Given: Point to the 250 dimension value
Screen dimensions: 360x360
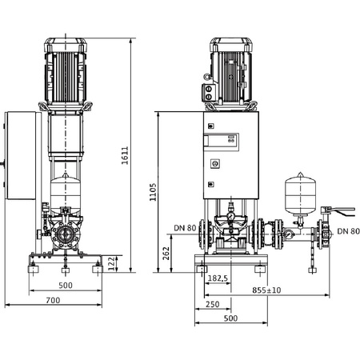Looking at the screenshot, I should (211, 304).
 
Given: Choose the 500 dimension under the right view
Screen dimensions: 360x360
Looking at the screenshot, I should (230, 318).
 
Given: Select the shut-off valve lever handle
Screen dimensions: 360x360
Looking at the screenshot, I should (342, 210).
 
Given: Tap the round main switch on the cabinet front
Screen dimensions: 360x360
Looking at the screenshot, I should (214, 162).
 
